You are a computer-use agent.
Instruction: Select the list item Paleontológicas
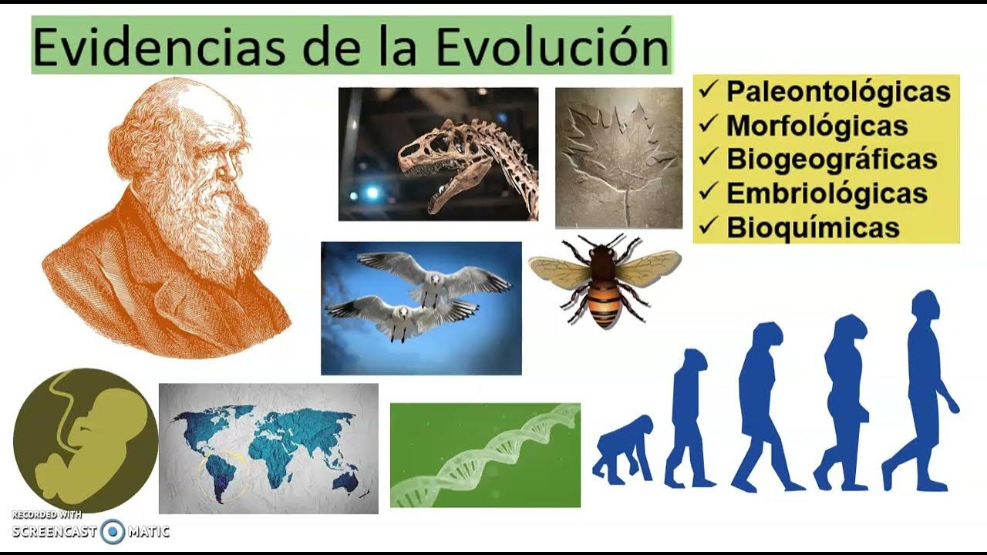pos(837,91)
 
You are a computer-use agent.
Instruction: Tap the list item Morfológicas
pos(817,125)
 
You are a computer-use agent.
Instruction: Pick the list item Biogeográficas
pos(831,159)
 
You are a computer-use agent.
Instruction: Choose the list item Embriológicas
pos(826,193)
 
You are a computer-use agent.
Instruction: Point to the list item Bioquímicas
pos(813,227)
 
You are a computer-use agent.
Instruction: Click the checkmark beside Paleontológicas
pos(708,89)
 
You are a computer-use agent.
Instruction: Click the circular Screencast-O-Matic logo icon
pos(113,531)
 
